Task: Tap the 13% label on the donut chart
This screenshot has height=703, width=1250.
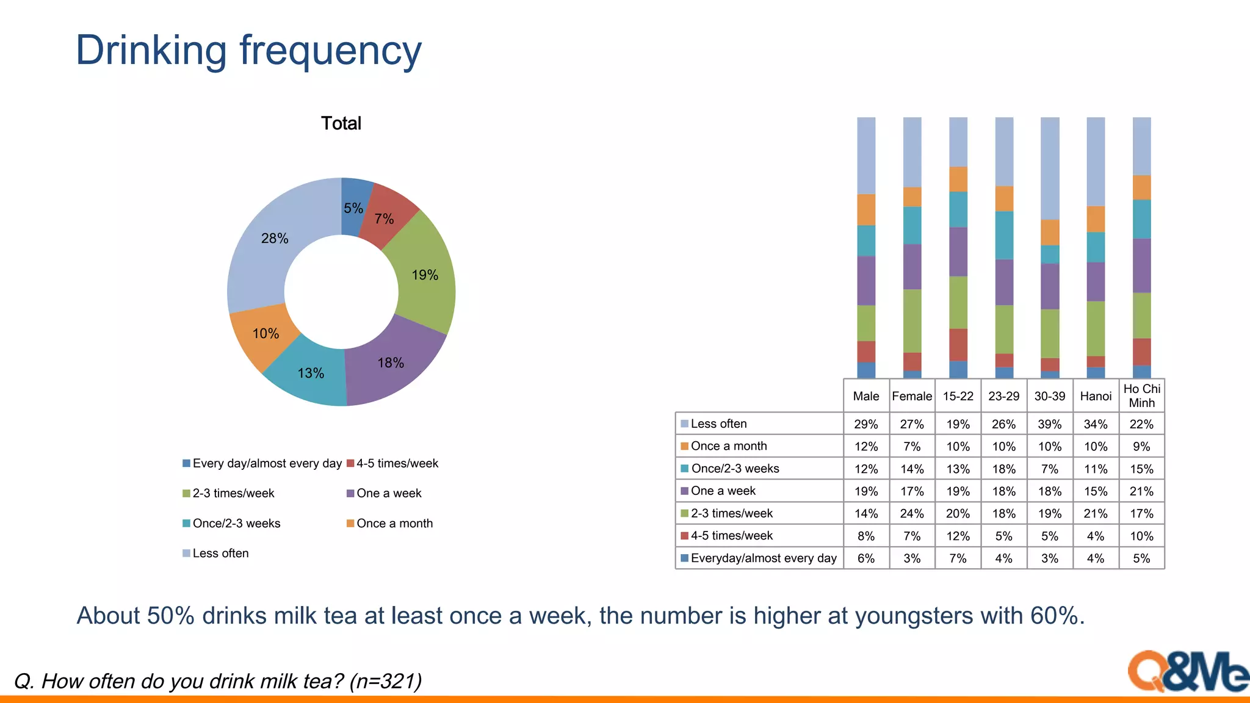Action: pos(311,373)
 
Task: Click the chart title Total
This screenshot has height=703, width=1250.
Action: pos(341,123)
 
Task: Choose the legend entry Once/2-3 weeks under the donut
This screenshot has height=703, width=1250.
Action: pos(236,524)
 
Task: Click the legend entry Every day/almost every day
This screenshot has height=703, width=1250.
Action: pos(267,463)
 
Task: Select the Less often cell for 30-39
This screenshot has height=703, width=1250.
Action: pos(1049,424)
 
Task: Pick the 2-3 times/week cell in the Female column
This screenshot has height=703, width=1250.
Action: pos(912,514)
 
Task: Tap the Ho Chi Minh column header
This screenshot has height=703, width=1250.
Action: pos(1141,395)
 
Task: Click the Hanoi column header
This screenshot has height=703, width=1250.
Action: pos(1096,396)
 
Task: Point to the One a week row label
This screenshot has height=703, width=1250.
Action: pos(723,491)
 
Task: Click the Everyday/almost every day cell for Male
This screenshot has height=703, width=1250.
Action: pos(865,558)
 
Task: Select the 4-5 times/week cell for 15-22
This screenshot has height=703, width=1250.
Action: pos(958,536)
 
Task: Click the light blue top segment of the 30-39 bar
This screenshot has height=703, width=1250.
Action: pos(1050,168)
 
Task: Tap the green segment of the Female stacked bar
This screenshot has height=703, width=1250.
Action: pos(912,320)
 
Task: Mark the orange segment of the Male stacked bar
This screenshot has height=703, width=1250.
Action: pos(865,209)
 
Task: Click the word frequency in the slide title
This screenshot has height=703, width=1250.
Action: pos(330,51)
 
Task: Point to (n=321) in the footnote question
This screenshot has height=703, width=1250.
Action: pos(386,681)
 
